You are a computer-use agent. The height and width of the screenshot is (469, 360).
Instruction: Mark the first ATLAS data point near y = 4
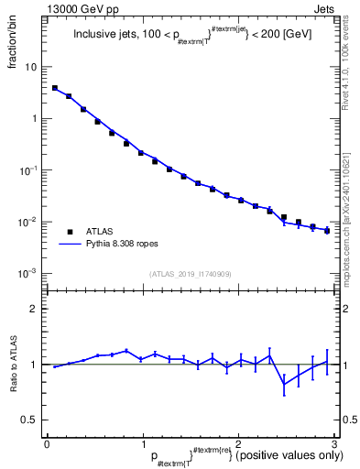(55, 88)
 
